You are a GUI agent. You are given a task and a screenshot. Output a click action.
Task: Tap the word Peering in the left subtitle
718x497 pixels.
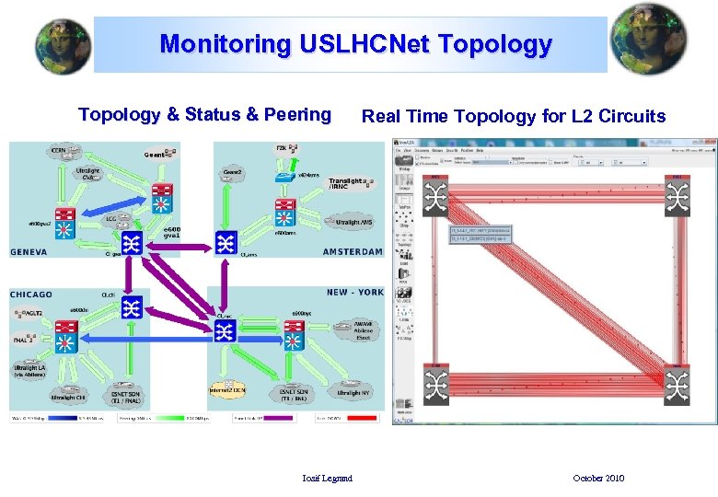297,115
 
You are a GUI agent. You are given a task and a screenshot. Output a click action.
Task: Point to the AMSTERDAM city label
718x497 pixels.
353,252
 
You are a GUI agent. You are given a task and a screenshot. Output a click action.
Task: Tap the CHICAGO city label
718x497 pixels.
31,295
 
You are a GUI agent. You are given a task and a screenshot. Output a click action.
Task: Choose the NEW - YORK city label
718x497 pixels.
354,293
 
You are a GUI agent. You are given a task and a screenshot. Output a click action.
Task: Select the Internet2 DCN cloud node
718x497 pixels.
228,390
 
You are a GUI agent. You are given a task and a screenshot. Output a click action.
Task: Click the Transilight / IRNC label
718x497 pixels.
349,184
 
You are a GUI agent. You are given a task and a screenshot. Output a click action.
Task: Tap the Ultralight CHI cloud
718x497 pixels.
68,396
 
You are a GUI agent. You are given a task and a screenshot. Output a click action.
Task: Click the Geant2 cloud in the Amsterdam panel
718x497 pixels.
233,173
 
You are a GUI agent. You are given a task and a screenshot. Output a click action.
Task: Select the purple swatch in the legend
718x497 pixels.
279,418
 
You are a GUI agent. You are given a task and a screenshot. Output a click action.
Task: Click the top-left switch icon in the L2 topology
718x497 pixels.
435,197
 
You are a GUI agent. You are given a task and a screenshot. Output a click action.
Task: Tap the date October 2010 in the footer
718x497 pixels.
598,478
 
